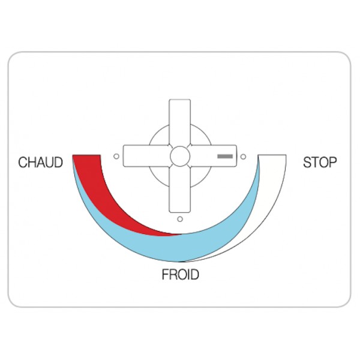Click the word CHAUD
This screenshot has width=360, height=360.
coord(40,163)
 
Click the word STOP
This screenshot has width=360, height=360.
coord(320,163)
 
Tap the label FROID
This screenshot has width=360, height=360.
coord(180,274)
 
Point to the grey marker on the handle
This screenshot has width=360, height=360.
coord(225,157)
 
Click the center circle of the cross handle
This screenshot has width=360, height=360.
coord(180,156)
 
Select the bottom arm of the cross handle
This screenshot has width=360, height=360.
coord(180,190)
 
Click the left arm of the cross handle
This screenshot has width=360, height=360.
coord(146,155)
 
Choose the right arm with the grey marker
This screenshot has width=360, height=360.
coord(213,155)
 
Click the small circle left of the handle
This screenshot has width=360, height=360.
coord(116,157)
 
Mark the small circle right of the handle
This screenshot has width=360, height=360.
coord(244,157)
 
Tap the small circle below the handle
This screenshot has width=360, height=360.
coord(180,219)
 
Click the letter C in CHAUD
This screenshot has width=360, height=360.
coord(23,163)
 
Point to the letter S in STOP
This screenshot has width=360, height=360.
coord(307,163)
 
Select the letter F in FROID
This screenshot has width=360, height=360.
coord(166,274)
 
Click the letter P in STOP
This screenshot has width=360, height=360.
coord(333,163)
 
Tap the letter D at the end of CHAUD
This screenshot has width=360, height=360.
coord(59,163)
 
